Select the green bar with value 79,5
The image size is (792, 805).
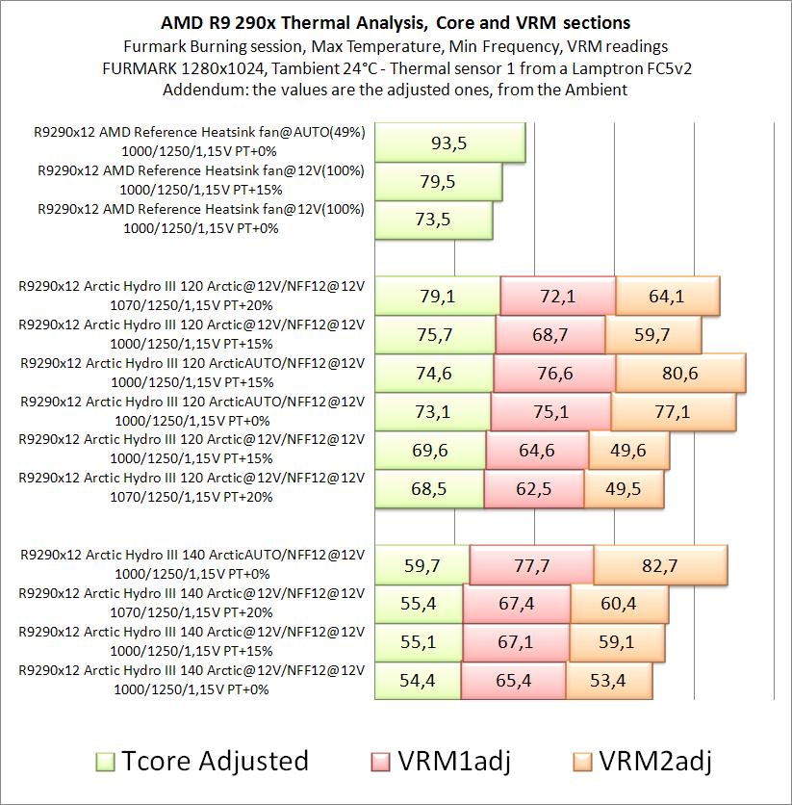pos(439,181)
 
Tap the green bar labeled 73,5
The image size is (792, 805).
pos(434,220)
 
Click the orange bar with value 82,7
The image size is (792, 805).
pos(660,564)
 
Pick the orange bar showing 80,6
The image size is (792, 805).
pos(680,373)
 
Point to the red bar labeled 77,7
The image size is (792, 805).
pos(531,564)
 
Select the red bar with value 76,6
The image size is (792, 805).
pos(554,373)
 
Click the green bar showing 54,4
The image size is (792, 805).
pos(417,681)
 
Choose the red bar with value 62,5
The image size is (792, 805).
pos(533,489)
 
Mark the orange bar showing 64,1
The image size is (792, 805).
pos(667,296)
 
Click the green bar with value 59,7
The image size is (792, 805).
pos(422,564)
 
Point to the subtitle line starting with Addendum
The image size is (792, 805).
pos(395,91)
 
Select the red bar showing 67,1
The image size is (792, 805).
pos(515,642)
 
